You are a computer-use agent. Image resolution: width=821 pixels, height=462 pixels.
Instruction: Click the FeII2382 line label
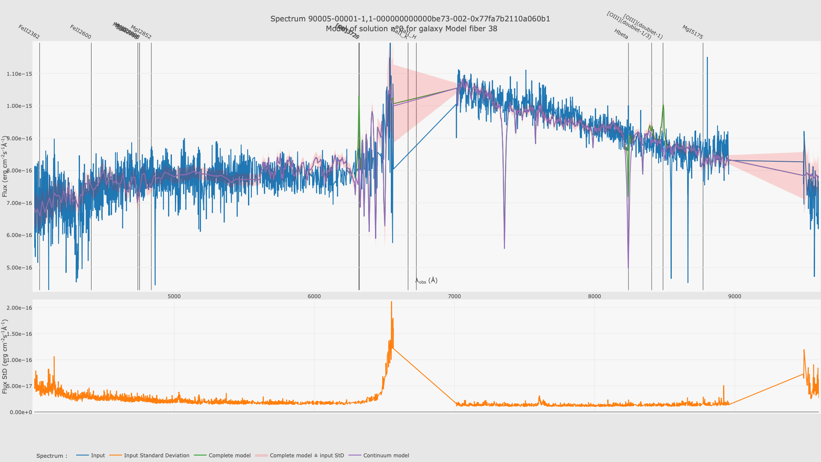[29, 32]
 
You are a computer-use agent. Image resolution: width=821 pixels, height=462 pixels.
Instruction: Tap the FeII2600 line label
[80, 32]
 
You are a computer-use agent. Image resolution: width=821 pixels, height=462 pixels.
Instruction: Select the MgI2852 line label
[141, 32]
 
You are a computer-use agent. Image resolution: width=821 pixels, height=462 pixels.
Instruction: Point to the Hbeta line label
[621, 34]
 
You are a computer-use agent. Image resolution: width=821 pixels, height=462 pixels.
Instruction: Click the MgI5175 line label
[692, 32]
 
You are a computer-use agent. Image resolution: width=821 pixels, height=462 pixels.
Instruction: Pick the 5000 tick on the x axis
[174, 296]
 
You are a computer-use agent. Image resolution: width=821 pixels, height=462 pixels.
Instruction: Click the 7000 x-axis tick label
[454, 296]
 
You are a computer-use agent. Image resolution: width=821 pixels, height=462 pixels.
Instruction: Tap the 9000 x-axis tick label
[735, 296]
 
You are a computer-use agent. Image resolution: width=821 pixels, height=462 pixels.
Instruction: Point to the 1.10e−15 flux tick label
[19, 74]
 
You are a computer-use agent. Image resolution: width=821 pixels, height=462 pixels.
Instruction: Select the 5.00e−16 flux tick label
[19, 268]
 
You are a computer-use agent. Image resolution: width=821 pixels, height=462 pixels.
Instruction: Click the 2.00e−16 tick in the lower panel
[19, 308]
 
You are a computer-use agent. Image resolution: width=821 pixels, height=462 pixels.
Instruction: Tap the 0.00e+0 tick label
[19, 412]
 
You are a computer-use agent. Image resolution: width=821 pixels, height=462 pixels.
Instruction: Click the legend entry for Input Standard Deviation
[157, 456]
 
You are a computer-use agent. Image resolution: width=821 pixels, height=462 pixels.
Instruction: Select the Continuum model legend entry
[386, 456]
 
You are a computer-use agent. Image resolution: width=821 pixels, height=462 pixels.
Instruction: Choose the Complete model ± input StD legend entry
[307, 456]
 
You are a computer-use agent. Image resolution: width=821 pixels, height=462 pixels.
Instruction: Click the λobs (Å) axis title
[426, 281]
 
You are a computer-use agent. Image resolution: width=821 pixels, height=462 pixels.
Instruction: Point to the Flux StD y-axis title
[5, 356]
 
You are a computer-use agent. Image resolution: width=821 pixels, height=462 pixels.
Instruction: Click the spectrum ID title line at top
[410, 19]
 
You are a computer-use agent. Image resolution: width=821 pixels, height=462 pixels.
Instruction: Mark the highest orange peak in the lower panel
[391, 302]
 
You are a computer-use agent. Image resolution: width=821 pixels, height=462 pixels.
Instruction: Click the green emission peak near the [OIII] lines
[663, 105]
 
